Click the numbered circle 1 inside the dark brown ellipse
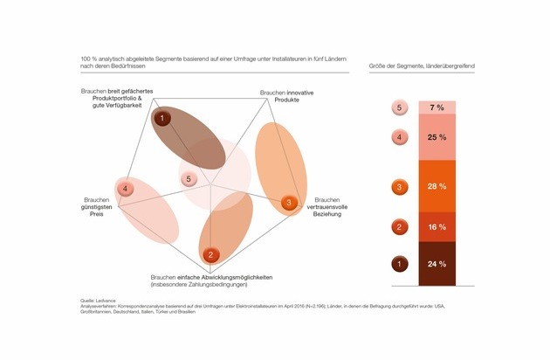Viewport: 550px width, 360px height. (x=162, y=117)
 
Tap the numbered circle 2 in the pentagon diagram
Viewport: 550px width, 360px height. (x=211, y=255)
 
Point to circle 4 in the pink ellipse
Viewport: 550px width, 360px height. (x=127, y=189)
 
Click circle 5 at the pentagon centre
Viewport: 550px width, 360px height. (x=189, y=179)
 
